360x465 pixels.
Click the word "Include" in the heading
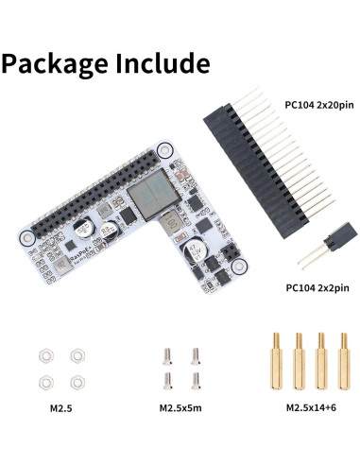pos(162,64)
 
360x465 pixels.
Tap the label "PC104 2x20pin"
pos(319,105)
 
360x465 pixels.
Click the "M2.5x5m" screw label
pos(180,409)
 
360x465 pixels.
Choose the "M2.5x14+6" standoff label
pos(308,409)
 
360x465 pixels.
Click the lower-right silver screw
pos(195,379)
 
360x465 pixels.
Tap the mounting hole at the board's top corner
pos(164,150)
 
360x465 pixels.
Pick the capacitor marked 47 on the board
pos(198,248)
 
